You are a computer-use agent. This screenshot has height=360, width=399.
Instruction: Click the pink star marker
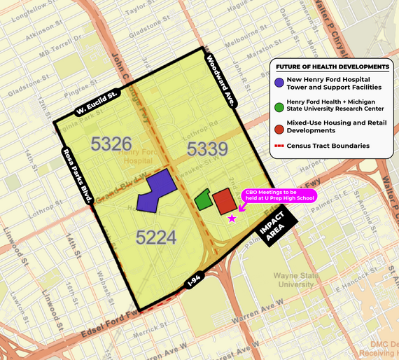(232, 219)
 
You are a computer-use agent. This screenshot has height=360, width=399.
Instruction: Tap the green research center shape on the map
(204, 200)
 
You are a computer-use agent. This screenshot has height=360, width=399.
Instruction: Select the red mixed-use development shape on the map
(224, 201)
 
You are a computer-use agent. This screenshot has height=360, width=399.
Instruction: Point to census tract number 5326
(111, 145)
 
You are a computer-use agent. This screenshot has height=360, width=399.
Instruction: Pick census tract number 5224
(156, 237)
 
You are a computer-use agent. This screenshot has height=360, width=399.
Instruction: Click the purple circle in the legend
(279, 83)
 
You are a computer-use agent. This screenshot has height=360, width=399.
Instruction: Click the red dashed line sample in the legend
(281, 146)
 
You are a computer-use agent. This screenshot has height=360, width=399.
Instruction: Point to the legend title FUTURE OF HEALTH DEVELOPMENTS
(332, 67)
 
